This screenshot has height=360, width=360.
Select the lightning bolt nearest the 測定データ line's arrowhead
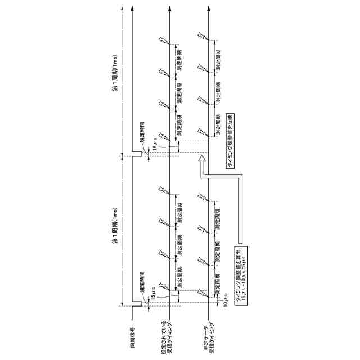click(201, 37)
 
